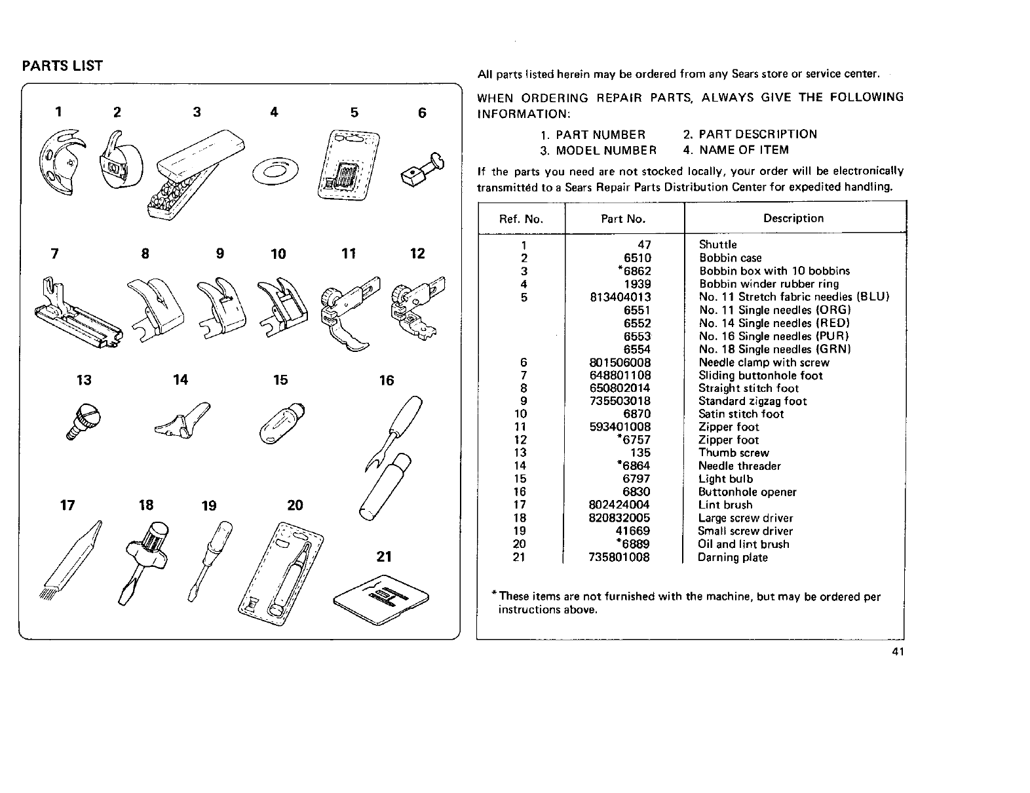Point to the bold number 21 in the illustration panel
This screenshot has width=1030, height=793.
[x=384, y=556]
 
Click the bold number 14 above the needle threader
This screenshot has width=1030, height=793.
[x=180, y=379]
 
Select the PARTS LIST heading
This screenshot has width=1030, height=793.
[x=62, y=66]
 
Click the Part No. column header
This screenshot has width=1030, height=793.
[x=623, y=219]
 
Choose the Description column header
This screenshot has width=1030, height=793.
[x=793, y=218]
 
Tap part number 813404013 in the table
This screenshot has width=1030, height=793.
[x=620, y=297]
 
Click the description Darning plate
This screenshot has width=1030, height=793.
[x=732, y=558]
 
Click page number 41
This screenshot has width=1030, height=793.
[x=898, y=651]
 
